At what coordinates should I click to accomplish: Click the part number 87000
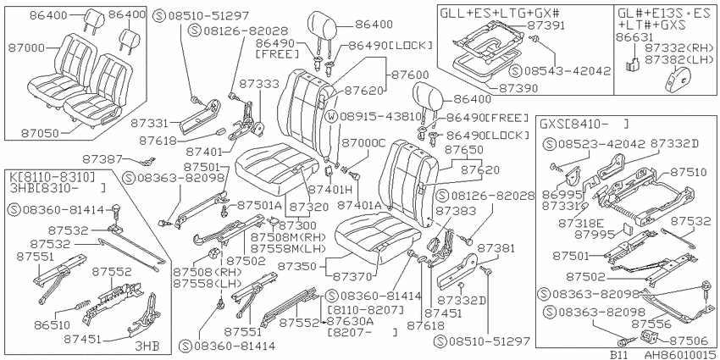[x=26, y=47]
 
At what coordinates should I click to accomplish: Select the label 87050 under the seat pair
[x=40, y=134]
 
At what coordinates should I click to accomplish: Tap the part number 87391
[x=546, y=25]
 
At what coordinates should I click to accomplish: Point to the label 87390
[x=520, y=89]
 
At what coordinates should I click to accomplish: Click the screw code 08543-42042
[x=568, y=71]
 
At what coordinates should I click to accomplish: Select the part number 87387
[x=101, y=159]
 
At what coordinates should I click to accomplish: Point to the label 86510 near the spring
[x=52, y=325]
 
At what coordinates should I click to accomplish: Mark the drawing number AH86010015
[x=680, y=355]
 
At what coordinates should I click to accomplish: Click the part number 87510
[x=688, y=172]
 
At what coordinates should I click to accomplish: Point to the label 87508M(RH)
[x=288, y=237]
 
